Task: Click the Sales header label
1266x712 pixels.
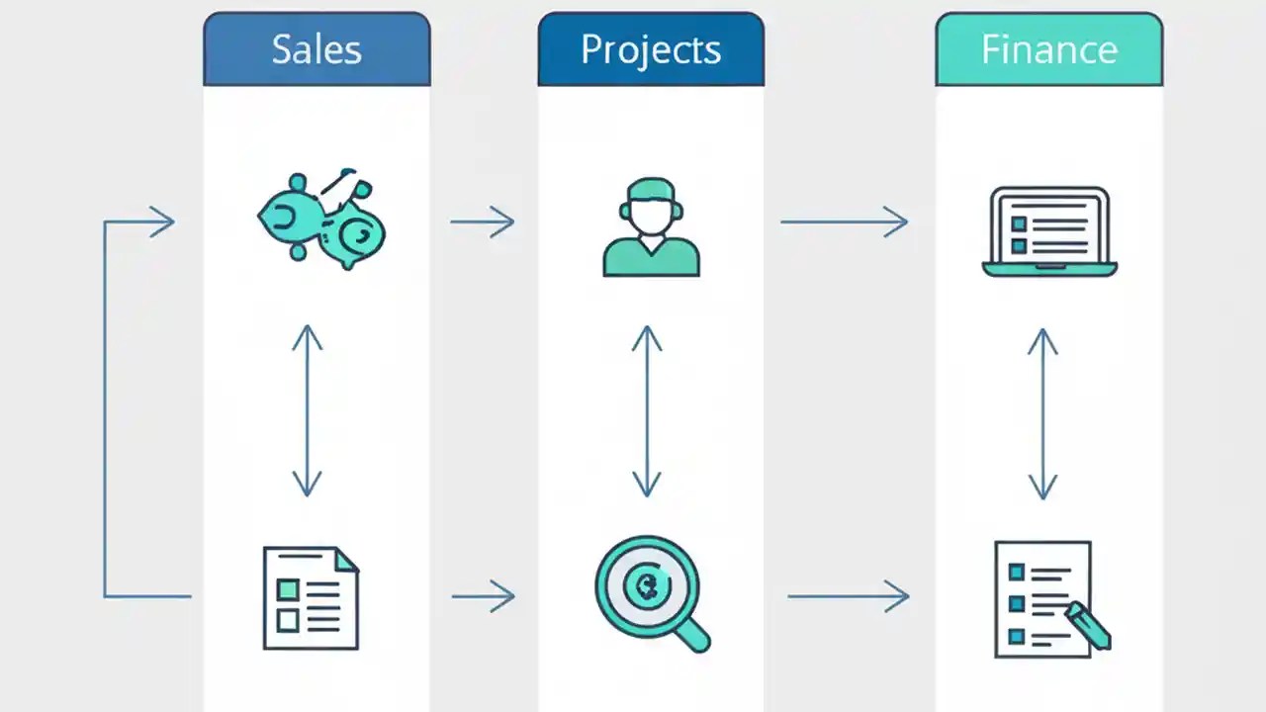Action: (316, 49)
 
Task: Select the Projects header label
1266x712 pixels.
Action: (650, 49)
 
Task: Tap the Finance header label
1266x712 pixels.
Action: (1048, 49)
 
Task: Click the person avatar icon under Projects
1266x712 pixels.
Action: (651, 227)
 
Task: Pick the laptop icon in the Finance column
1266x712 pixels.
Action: (1049, 231)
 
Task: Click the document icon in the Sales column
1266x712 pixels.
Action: (310, 597)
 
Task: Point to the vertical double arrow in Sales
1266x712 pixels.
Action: (308, 410)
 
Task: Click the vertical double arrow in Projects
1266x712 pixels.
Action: (647, 410)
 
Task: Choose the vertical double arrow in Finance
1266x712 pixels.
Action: (1041, 413)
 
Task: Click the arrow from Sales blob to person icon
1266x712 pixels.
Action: (483, 222)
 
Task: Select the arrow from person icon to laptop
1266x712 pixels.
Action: (844, 222)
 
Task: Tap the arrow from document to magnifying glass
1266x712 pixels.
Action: (484, 595)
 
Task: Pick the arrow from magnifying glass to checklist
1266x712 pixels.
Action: (848, 595)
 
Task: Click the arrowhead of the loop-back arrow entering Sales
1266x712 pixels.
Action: (163, 222)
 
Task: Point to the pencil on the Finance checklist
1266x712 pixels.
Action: (1087, 626)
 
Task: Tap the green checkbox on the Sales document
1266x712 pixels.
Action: (288, 589)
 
